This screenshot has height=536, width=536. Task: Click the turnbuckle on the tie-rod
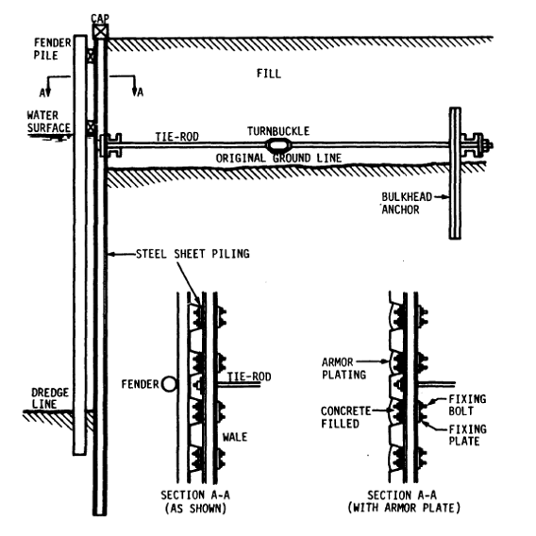coord(278,146)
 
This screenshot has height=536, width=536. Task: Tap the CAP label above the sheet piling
coord(100,18)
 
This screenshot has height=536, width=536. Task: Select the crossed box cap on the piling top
coord(100,32)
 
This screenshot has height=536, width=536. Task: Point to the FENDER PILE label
coord(52,49)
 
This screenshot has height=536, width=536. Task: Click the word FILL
coord(269,74)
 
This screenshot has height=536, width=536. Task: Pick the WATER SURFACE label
coord(49,122)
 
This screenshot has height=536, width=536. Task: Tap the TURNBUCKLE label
coord(278,131)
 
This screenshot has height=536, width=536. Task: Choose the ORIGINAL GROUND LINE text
coord(278,158)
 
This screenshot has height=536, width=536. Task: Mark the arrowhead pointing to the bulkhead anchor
coord(445,197)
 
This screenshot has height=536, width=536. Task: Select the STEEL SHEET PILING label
coord(193,254)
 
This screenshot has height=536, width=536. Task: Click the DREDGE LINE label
coord(50,398)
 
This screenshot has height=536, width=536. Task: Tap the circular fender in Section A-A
coord(169,384)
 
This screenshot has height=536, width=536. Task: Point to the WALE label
coord(235,437)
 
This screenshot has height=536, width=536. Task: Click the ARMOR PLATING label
coord(343,368)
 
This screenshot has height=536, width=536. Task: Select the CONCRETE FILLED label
coord(346,417)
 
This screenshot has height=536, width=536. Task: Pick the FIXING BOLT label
coord(467,405)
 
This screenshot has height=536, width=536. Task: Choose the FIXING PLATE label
coord(467,435)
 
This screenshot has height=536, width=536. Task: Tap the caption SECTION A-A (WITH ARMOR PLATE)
coord(404,501)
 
